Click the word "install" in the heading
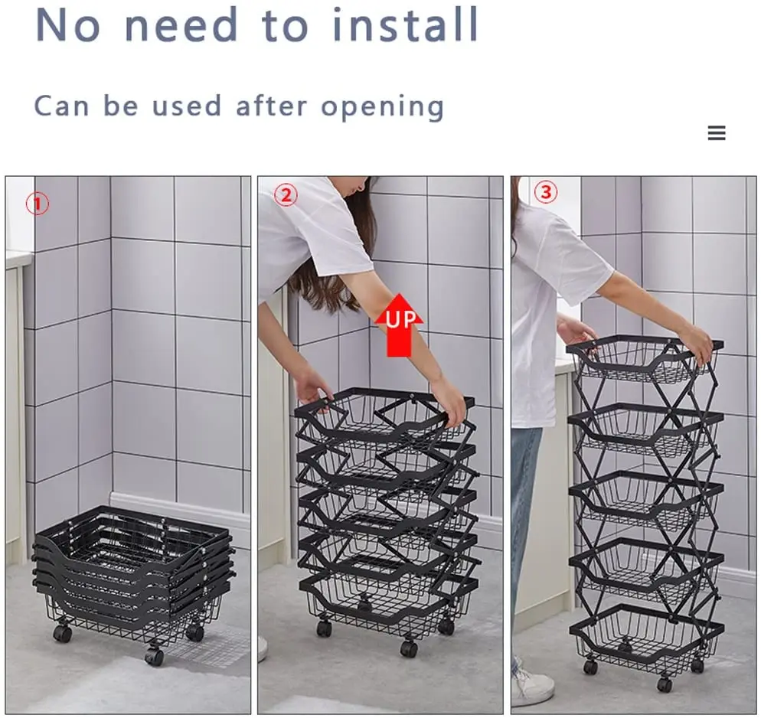point(406,24)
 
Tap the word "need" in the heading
point(181,24)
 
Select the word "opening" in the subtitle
point(382,107)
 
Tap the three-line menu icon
point(717,134)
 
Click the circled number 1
point(38,204)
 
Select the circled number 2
point(286,195)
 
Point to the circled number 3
point(545,193)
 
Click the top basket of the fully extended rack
point(645,360)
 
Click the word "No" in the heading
point(67,24)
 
